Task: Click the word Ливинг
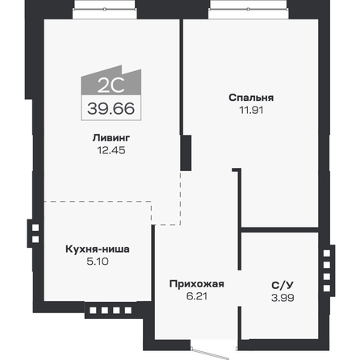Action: pyautogui.click(x=108, y=138)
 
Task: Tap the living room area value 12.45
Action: pyautogui.click(x=108, y=149)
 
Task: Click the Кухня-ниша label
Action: pyautogui.click(x=97, y=249)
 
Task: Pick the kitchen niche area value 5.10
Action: pyautogui.click(x=97, y=261)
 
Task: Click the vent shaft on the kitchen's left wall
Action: pyautogui.click(x=35, y=233)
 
